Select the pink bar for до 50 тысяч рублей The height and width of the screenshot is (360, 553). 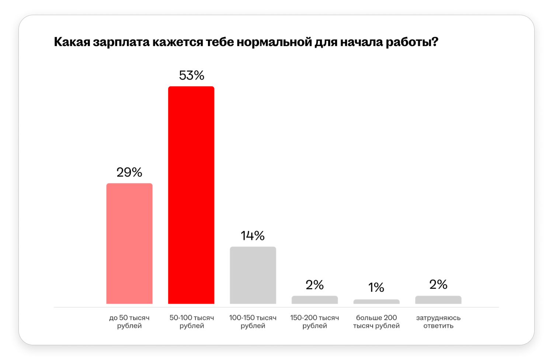coord(129,243)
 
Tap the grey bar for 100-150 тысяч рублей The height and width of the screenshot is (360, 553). coord(253,275)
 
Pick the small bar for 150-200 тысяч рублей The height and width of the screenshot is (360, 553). coord(314,300)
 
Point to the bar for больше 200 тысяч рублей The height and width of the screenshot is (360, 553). coord(376,302)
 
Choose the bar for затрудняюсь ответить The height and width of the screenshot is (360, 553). coord(438,300)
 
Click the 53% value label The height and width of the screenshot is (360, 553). coord(191,76)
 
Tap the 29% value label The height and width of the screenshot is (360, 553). coord(129,172)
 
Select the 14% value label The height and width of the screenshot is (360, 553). coord(253,236)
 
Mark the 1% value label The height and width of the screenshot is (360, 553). coord(376,287)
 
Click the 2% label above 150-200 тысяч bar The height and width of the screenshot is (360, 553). coord(314,285)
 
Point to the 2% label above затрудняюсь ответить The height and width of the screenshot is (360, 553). coord(438,284)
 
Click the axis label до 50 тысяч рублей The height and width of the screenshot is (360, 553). coord(129,322)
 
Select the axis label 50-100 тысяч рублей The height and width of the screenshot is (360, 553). coord(192,322)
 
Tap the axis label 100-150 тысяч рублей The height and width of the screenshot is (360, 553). coord(253,322)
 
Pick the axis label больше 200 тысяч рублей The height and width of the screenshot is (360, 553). coord(376,322)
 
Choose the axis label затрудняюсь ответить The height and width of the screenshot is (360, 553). coord(438,322)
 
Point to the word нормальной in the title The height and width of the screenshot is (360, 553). coord(274,42)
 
